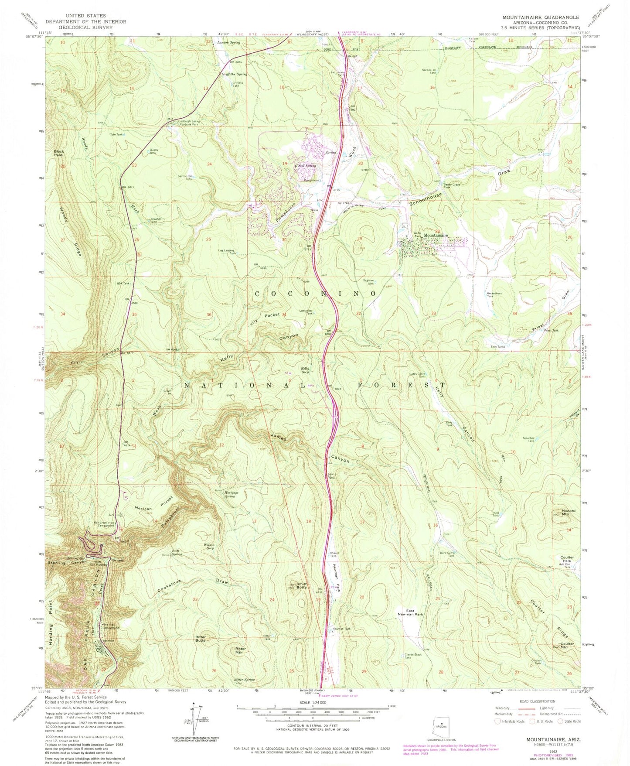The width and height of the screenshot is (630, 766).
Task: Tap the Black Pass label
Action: click(x=58, y=153)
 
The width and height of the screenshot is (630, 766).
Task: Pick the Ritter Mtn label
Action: click(x=241, y=650)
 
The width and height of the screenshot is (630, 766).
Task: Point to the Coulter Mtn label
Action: click(x=567, y=646)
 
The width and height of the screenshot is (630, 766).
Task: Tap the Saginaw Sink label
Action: click(x=370, y=282)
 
